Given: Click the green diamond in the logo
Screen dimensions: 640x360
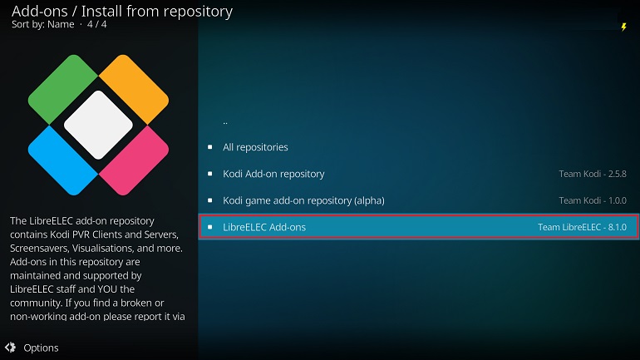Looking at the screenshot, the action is click(x=63, y=89).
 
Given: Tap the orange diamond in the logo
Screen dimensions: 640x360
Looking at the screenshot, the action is click(x=134, y=89).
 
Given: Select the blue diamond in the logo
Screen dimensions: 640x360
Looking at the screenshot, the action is click(x=63, y=160).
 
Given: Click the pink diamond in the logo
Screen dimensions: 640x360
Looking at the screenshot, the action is click(x=134, y=160).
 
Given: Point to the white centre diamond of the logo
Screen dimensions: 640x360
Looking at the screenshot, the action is click(x=98, y=125).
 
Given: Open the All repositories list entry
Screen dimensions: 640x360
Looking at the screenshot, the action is click(x=255, y=147).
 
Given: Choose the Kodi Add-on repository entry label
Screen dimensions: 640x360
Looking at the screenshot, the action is click(x=273, y=174).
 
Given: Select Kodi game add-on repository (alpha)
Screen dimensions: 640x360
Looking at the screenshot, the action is click(x=303, y=201).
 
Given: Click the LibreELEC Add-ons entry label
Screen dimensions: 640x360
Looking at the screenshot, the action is click(x=264, y=227).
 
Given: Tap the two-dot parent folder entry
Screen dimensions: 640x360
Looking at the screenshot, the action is click(x=225, y=122).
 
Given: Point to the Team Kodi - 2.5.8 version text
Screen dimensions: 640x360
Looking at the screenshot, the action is click(x=593, y=174).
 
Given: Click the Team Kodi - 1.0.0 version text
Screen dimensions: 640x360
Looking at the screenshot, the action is click(x=593, y=201).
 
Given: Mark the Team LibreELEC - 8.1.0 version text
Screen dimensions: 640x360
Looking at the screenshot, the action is click(x=582, y=227).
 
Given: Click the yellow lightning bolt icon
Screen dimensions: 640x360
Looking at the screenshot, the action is click(x=623, y=27).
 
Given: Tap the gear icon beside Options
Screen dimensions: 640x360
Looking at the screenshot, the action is click(x=11, y=348).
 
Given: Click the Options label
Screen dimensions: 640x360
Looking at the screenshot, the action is click(x=41, y=348).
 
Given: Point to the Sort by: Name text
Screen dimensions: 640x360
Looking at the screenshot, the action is click(x=43, y=24).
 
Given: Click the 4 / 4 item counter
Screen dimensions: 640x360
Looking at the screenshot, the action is click(x=96, y=24).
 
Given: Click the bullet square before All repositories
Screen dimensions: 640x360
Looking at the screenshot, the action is click(x=209, y=147).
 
